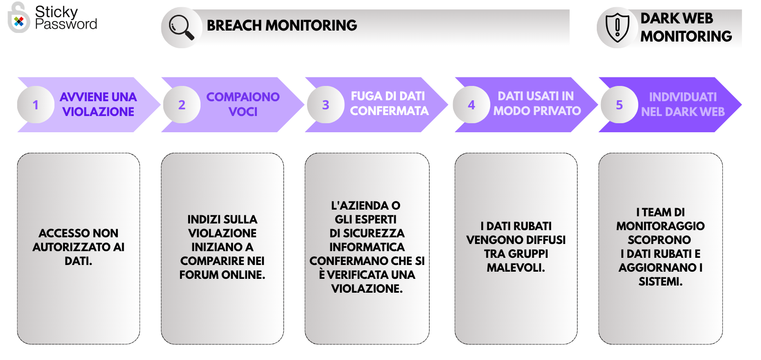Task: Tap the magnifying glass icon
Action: click(x=181, y=27)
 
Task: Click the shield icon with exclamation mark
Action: click(x=617, y=28)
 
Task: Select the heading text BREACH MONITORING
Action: click(x=282, y=25)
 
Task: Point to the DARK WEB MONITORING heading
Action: click(x=686, y=27)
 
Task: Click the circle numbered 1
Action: click(x=36, y=105)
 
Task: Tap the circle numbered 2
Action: click(x=182, y=105)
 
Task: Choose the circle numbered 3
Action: click(x=326, y=105)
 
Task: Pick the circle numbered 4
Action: click(x=471, y=105)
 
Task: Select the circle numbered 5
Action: click(x=619, y=105)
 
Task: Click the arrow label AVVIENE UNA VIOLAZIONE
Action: click(x=98, y=104)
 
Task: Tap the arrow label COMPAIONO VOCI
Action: click(x=243, y=104)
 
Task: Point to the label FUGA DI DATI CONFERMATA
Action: click(x=390, y=104)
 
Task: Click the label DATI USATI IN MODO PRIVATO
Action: click(x=537, y=104)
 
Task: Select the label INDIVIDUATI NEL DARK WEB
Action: click(x=683, y=104)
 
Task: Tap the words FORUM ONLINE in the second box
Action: click(x=222, y=275)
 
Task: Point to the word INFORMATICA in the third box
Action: click(x=367, y=247)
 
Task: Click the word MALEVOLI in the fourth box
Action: click(x=516, y=268)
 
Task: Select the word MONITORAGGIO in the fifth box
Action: click(x=660, y=226)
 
